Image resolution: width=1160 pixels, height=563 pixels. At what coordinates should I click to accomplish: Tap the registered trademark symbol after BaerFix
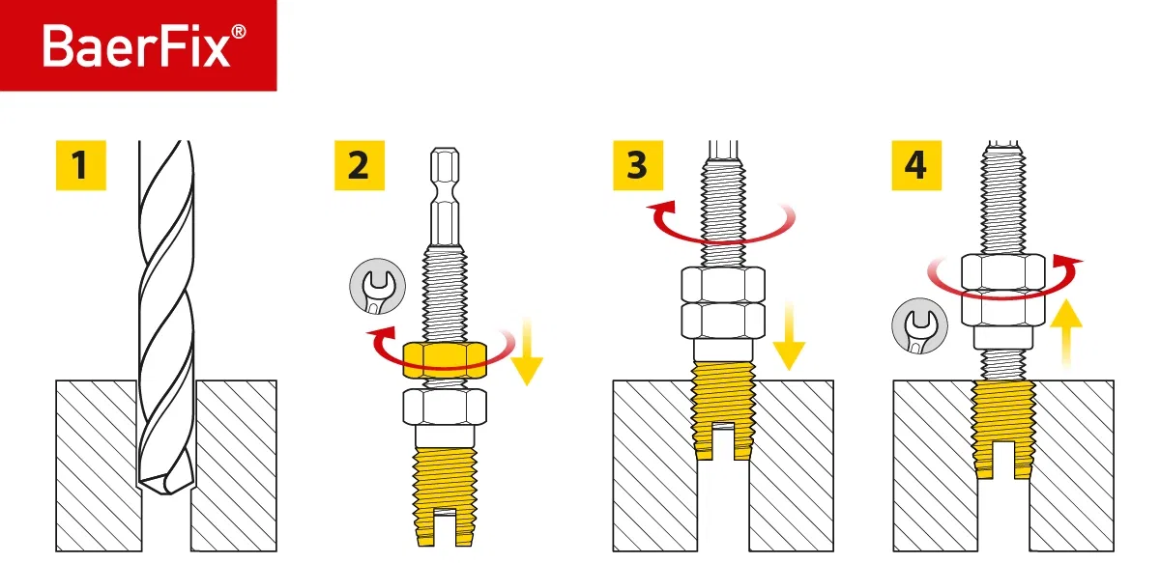coord(239,32)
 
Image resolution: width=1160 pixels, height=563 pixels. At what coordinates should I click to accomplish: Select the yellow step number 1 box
coord(79,165)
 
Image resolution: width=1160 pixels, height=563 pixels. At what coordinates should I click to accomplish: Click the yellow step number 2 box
coord(358,165)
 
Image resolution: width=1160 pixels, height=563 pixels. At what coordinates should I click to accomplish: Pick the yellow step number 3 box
coord(636,165)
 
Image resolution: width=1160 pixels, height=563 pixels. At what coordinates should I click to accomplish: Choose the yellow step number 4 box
coord(914,165)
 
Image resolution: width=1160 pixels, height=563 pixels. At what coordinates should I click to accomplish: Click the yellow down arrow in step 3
coord(790,333)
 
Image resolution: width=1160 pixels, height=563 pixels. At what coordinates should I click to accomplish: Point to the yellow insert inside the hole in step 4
coord(1002,425)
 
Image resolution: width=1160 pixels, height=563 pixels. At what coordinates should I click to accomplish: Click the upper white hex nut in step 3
coord(723,285)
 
